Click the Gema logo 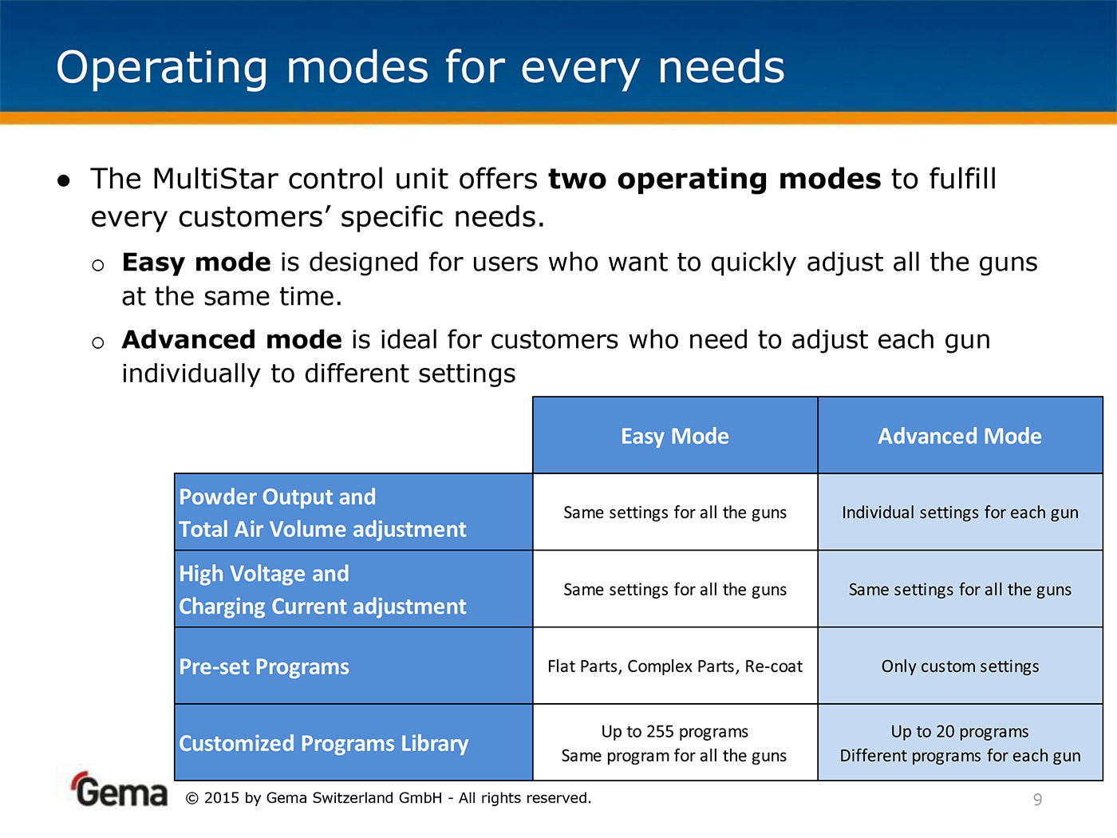tap(119, 789)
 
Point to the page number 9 tap(1038, 800)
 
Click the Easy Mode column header tap(675, 436)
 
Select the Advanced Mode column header tap(960, 436)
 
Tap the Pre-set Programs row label tap(264, 666)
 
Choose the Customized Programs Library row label tap(324, 743)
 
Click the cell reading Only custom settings tap(960, 666)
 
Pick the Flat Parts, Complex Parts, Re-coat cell tap(675, 666)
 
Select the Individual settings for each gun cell tap(960, 512)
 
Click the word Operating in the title tap(161, 68)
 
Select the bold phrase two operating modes tap(714, 179)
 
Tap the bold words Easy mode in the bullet tap(196, 263)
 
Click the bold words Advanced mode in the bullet tap(232, 339)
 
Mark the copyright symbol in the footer tap(191, 798)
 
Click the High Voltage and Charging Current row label tap(322, 590)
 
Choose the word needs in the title tap(721, 68)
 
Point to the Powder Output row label tap(322, 512)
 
